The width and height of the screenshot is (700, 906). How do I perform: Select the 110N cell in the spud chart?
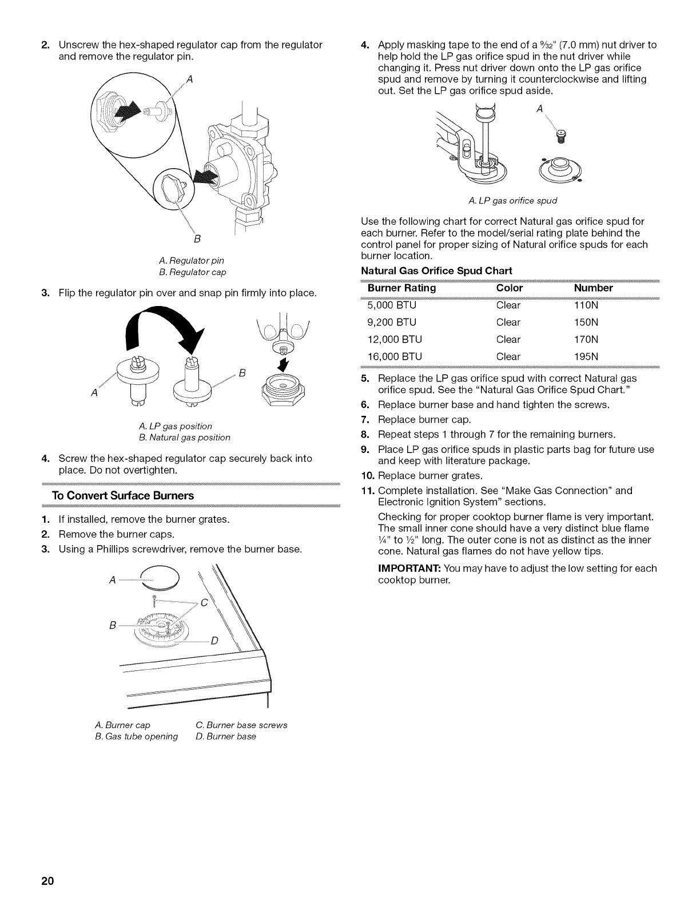point(586,305)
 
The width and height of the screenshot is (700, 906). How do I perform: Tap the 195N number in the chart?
point(586,356)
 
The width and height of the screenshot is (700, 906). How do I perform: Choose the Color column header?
point(510,288)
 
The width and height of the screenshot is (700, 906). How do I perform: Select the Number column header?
point(593,288)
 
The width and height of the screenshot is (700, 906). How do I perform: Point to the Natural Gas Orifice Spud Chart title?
point(437,270)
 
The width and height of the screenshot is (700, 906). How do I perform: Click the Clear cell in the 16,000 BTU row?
point(508,356)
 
